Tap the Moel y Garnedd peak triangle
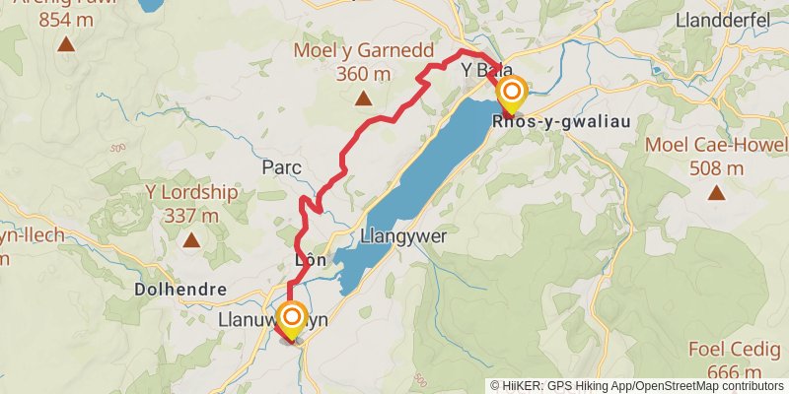363,98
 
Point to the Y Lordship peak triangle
190,239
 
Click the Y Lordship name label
191,192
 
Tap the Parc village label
281,167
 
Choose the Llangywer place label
404,236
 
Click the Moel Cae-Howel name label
717,146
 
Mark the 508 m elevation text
717,167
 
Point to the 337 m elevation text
191,215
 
